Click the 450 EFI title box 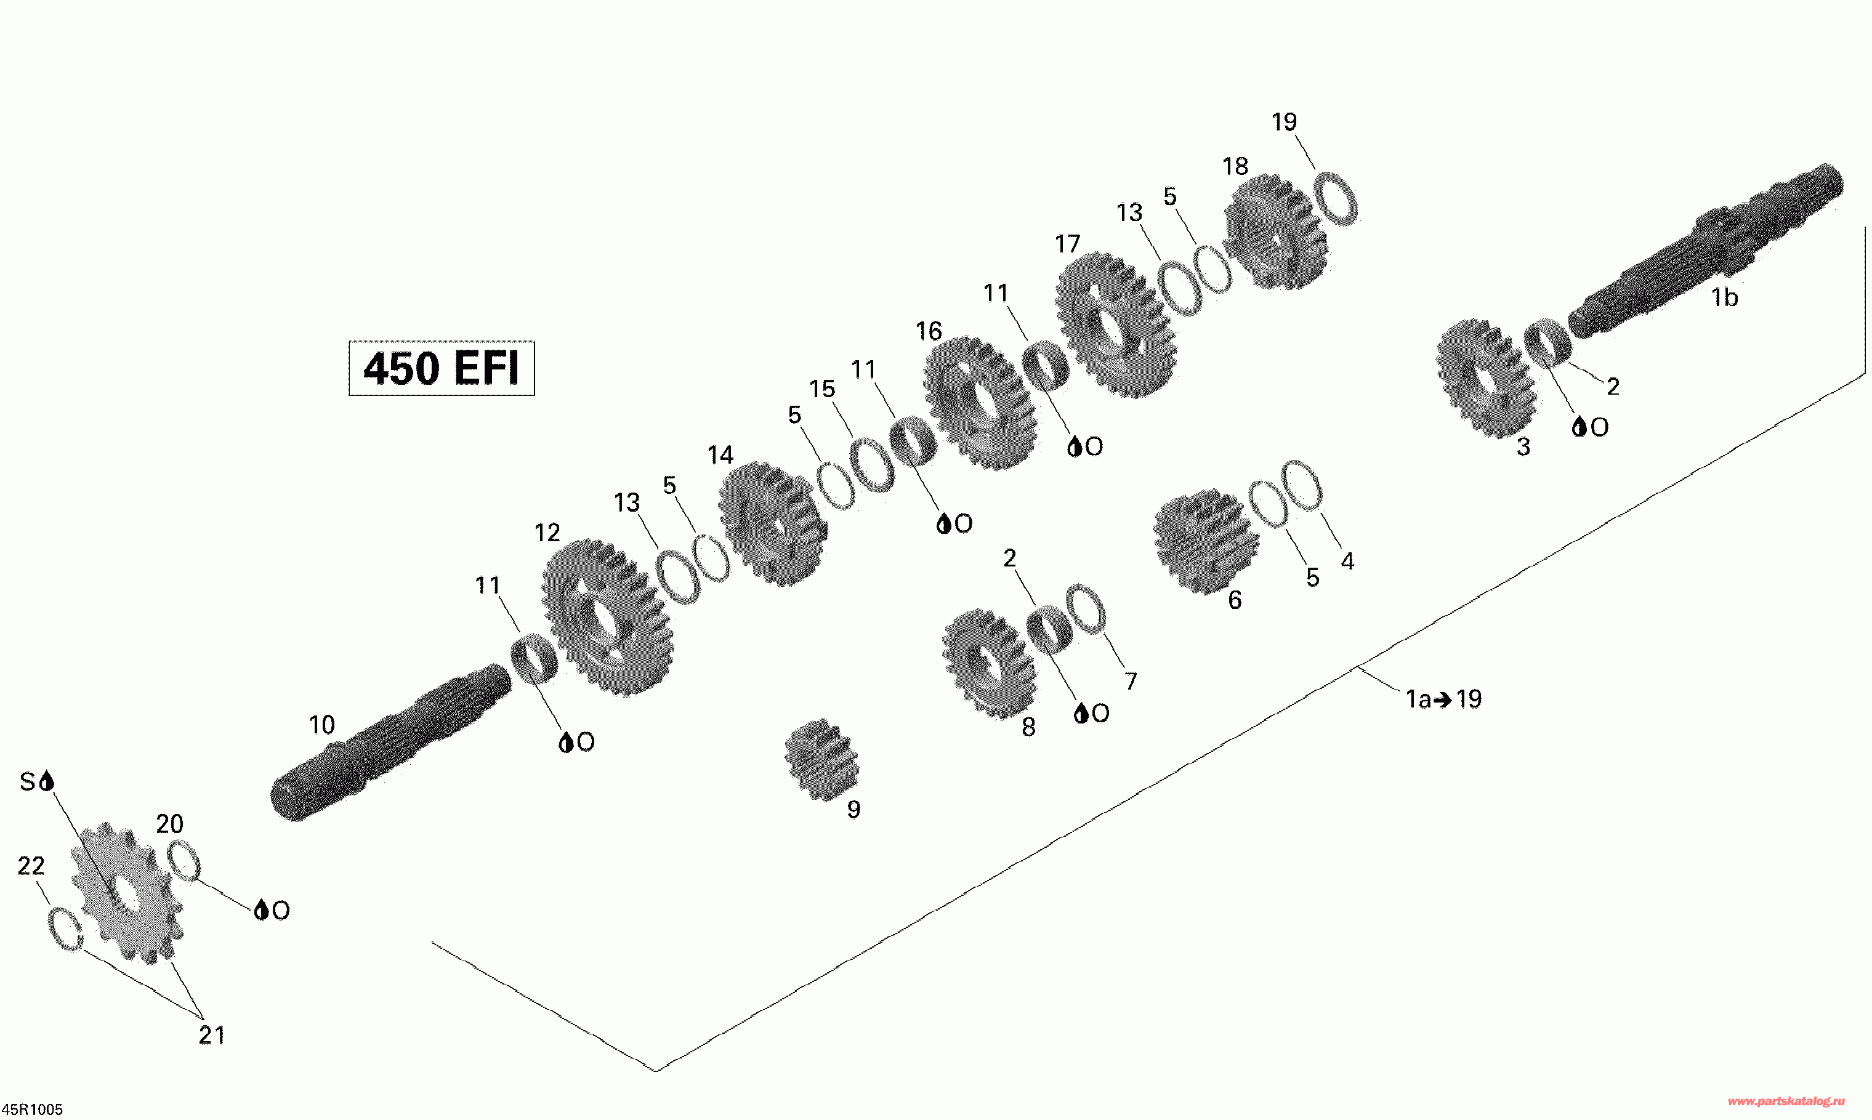[442, 368]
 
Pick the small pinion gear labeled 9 [821, 759]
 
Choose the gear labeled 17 [1115, 324]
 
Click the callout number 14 [720, 455]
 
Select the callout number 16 [929, 331]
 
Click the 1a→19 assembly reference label [1443, 699]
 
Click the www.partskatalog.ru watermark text [1785, 1103]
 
